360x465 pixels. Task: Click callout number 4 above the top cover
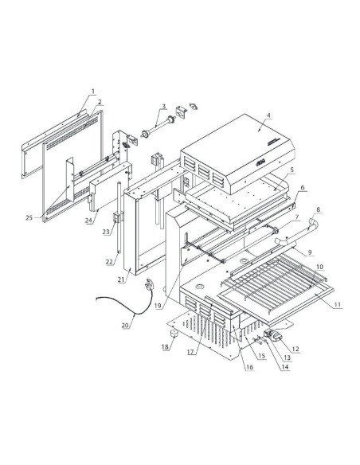[268, 115]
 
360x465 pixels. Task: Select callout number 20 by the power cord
[125, 325]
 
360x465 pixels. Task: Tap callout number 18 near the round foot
[166, 347]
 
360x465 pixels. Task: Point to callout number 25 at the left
[29, 217]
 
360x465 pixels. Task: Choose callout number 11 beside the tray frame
[338, 305]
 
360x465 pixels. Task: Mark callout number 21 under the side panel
[121, 279]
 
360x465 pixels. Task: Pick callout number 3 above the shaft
[163, 106]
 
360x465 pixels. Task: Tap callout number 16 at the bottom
[249, 367]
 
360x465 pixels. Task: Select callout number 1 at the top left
[93, 92]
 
